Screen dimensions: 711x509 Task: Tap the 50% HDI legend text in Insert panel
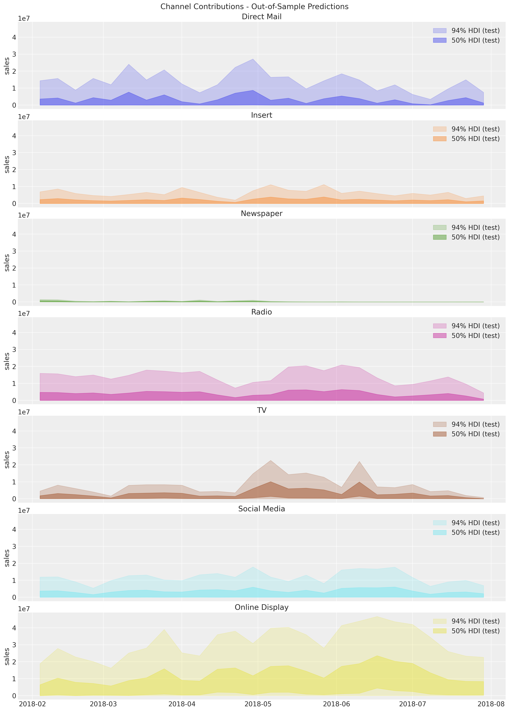click(475, 139)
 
